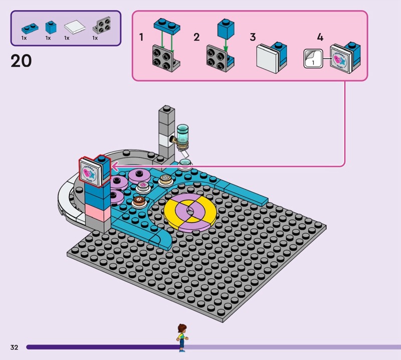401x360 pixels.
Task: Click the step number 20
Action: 21,61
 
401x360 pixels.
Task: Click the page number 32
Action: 14,347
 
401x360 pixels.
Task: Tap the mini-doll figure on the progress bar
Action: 181,337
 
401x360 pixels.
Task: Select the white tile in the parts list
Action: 73,26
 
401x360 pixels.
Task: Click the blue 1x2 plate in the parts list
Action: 26,26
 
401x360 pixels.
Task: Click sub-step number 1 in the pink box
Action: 141,38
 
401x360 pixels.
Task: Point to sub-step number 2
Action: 196,38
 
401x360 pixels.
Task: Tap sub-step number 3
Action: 253,38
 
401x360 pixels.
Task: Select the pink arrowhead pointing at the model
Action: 114,166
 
